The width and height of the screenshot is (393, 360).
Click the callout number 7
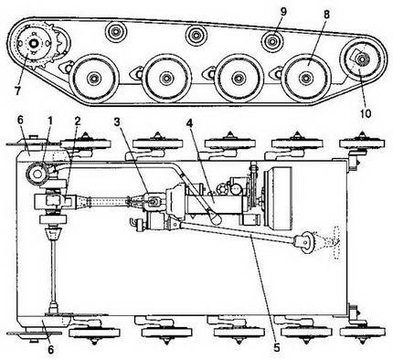pos(17,90)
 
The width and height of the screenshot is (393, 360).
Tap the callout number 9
pos(283,12)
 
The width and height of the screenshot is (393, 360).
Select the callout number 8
pos(326,15)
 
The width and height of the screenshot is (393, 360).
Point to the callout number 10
pos(366,113)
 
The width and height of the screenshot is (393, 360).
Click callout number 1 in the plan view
pos(49,121)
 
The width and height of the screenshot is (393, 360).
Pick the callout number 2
pos(78,121)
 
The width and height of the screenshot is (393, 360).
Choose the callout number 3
pos(118,122)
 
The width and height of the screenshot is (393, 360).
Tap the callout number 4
pos(189,122)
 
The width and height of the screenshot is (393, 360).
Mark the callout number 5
pos(277,347)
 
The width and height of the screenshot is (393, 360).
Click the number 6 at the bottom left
pos(50,350)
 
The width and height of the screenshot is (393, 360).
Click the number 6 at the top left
pos(20,121)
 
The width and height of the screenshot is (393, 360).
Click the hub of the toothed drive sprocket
pos(33,44)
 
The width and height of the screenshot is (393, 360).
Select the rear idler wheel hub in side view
pos(361,59)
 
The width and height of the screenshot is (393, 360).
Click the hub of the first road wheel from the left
pos(94,79)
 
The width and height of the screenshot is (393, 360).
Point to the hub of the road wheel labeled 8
pos(305,79)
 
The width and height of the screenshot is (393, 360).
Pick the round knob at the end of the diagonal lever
pos(216,219)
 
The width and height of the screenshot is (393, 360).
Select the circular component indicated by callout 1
pos(37,175)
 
